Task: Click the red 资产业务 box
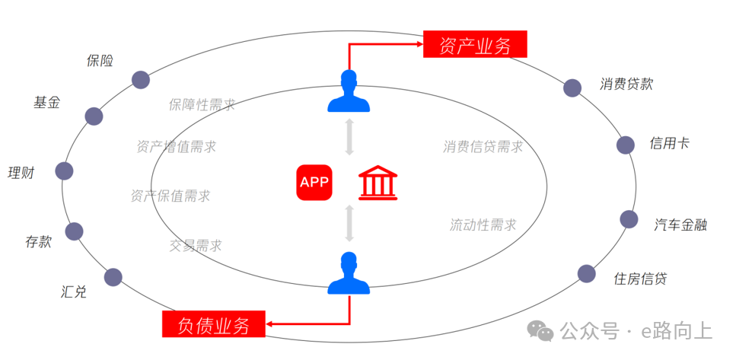pyautogui.click(x=475, y=45)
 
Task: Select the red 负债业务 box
pyautogui.click(x=214, y=325)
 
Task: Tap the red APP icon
pyautogui.click(x=315, y=183)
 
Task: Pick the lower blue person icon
pyautogui.click(x=349, y=274)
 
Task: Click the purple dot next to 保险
pyautogui.click(x=140, y=79)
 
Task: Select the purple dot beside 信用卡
pyautogui.click(x=626, y=145)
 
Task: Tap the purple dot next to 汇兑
pyautogui.click(x=113, y=277)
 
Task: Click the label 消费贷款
pyautogui.click(x=626, y=84)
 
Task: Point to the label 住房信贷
pyautogui.click(x=640, y=279)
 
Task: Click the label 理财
pyautogui.click(x=21, y=173)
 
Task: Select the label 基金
pyautogui.click(x=46, y=102)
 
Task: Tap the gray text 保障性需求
pyautogui.click(x=202, y=104)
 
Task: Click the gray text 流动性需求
pyautogui.click(x=483, y=225)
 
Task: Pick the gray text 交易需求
pyautogui.click(x=196, y=245)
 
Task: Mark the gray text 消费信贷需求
pyautogui.click(x=483, y=147)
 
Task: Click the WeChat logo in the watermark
pyautogui.click(x=542, y=331)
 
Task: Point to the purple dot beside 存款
pyautogui.click(x=75, y=231)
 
